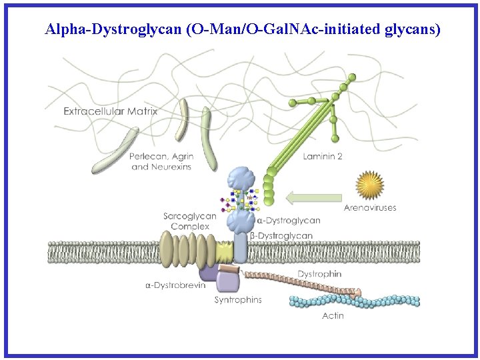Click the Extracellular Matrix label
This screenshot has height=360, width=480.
coord(111,111)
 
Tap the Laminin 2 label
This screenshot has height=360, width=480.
coord(323,157)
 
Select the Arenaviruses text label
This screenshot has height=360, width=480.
coord(370,207)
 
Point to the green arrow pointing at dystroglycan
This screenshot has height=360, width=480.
coord(313,197)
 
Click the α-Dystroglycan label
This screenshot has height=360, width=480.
coord(289,220)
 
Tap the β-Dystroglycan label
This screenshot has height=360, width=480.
coord(281,235)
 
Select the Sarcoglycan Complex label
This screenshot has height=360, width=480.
coord(190,221)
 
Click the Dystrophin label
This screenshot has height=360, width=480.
coord(319,273)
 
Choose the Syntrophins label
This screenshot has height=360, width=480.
coord(238,299)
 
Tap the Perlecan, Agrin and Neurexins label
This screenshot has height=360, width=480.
coord(161,161)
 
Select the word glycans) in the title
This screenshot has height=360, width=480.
coord(413,29)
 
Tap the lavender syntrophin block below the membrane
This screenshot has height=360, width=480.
coord(228,281)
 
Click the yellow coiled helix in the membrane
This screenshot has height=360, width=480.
coord(223,251)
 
